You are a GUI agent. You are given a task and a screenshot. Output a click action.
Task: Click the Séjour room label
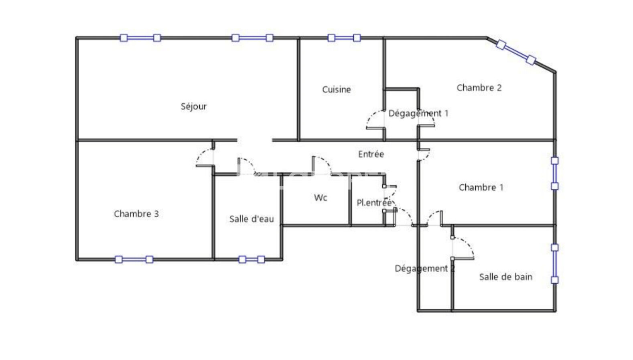(x=193, y=107)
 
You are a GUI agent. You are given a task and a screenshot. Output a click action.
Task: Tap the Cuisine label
(x=336, y=89)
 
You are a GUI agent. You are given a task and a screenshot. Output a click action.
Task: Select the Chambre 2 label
(x=479, y=88)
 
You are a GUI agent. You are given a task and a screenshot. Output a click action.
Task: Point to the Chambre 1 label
(x=481, y=187)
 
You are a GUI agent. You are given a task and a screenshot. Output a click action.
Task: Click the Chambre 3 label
(x=136, y=214)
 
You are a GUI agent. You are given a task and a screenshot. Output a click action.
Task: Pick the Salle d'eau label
(x=252, y=219)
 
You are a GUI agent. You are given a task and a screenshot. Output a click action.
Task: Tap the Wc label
(x=320, y=198)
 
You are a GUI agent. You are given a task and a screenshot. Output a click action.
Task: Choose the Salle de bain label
(x=505, y=277)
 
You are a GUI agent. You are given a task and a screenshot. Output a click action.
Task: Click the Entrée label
(x=371, y=154)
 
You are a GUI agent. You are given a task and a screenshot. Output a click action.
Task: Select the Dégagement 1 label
(x=418, y=113)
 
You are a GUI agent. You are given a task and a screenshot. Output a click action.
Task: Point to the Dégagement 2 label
(x=424, y=268)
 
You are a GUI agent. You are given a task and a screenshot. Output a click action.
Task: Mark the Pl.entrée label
(x=374, y=203)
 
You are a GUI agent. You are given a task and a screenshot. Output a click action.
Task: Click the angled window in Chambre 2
(x=515, y=52)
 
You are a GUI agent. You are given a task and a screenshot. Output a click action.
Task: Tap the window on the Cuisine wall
(x=344, y=38)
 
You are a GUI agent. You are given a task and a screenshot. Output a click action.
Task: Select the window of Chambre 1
(x=554, y=174)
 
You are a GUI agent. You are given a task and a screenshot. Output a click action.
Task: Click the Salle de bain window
(x=554, y=263)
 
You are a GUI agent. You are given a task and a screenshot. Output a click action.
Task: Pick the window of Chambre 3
(x=134, y=259)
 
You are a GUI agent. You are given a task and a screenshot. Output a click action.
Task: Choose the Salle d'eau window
(x=252, y=259)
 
